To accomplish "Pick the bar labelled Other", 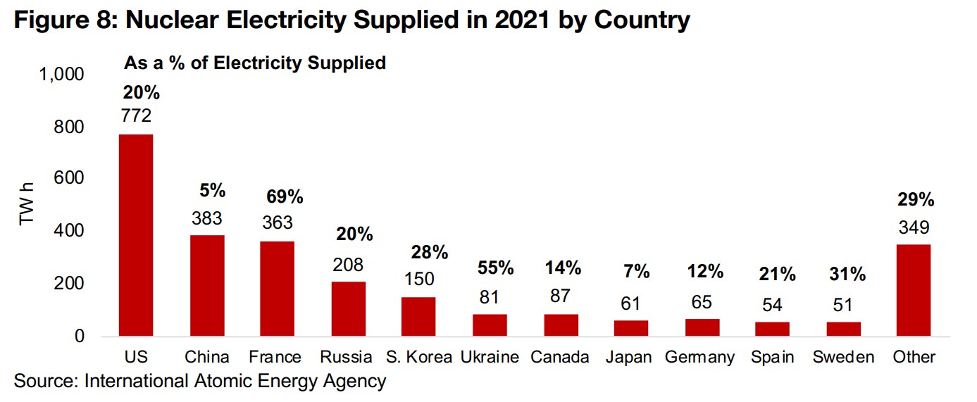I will (914, 290).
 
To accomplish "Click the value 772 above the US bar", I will (136, 115).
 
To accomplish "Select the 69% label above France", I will (285, 197).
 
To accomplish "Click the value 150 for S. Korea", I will (418, 278).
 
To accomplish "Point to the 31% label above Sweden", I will (847, 275).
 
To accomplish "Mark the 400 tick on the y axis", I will (70, 232).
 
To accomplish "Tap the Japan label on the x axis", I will (630, 357).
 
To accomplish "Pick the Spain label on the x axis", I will (772, 357).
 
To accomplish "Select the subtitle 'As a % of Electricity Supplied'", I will (255, 63).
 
